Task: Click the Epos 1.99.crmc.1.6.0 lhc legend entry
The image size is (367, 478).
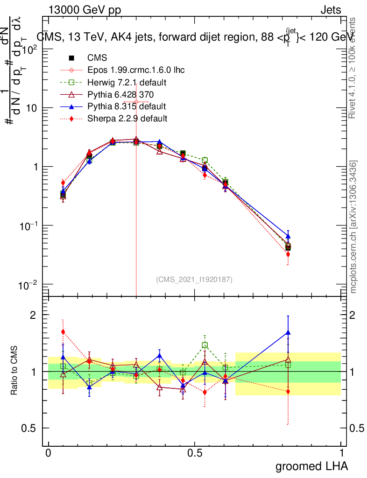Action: (136, 70)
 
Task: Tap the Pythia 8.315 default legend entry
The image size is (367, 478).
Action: (126, 106)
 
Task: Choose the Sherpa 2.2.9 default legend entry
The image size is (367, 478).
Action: (127, 119)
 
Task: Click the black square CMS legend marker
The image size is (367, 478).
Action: (71, 58)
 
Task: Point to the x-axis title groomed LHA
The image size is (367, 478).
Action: (312, 466)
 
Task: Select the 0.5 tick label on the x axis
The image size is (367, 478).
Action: (195, 453)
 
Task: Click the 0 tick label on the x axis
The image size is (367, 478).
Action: (48, 453)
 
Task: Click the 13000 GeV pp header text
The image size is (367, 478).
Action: (84, 10)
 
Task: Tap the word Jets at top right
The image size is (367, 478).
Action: (331, 10)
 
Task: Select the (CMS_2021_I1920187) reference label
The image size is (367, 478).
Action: (194, 279)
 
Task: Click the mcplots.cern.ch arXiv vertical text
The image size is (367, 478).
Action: (353, 227)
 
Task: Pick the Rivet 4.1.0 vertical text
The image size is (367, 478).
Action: (353, 68)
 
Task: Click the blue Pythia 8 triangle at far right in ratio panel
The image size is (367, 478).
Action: (288, 333)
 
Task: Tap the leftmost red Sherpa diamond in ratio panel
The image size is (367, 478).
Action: (63, 332)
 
